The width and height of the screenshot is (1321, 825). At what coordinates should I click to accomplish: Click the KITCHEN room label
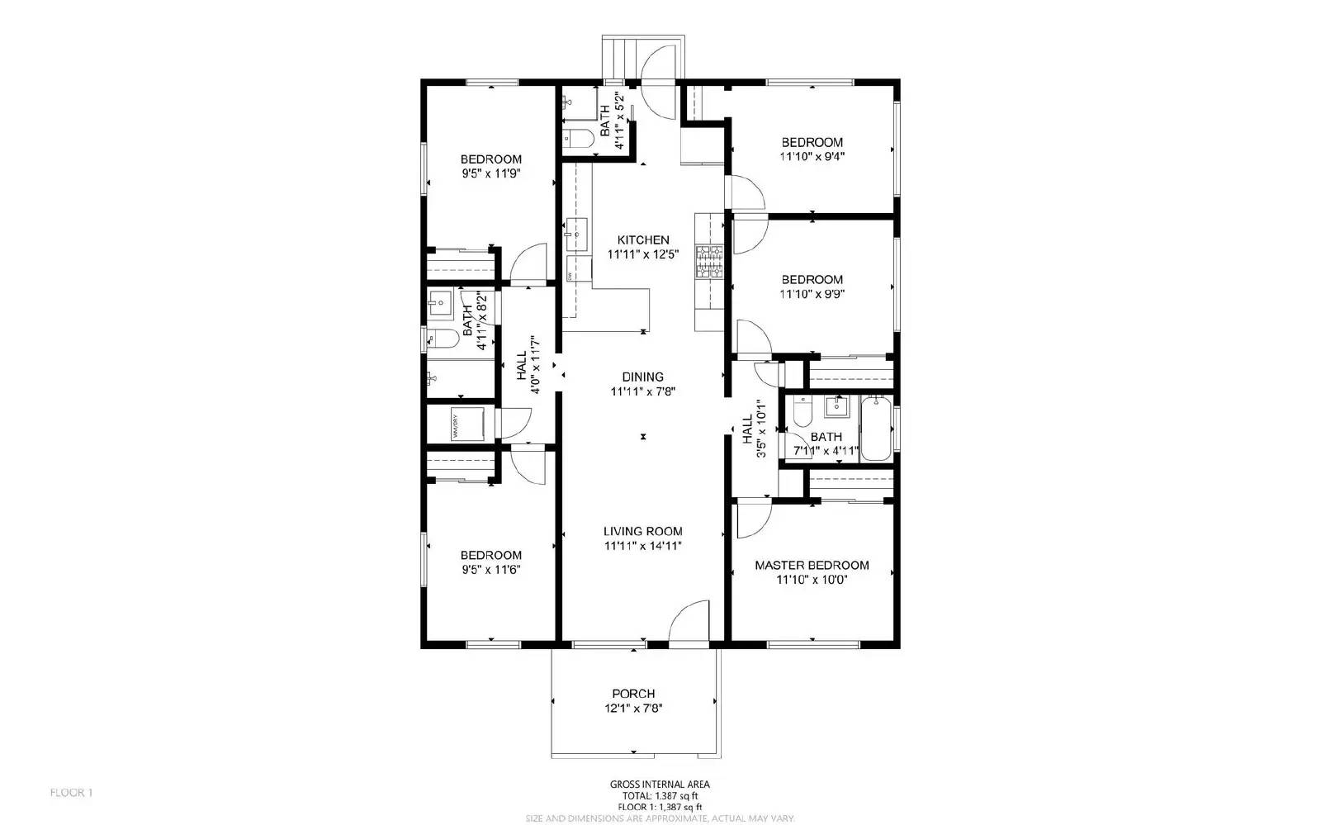pos(643,240)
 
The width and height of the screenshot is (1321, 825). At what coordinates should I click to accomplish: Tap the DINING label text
pos(643,377)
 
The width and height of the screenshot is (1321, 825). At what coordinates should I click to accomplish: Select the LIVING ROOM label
pos(642,532)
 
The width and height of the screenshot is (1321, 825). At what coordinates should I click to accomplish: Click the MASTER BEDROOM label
pos(812,566)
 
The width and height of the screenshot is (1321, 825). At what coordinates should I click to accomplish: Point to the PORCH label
pos(633,694)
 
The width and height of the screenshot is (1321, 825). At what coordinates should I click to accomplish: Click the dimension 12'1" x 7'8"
pos(633,709)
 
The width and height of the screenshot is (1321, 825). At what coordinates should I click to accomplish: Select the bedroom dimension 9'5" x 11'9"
pos(490,174)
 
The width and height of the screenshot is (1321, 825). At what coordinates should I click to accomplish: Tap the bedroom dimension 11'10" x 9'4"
pos(812,156)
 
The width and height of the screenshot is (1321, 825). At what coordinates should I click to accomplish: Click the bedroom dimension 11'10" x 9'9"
pos(812,294)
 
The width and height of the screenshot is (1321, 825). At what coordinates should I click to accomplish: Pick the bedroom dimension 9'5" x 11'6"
pos(490,570)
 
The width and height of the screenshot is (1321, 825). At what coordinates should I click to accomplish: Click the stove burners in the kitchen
pos(709,263)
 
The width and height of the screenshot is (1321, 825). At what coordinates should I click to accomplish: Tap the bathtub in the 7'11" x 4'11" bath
pos(876,429)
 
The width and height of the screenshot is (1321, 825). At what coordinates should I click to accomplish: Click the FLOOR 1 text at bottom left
pos(72,793)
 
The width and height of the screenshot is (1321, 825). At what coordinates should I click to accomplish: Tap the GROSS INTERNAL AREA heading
pos(659,785)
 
